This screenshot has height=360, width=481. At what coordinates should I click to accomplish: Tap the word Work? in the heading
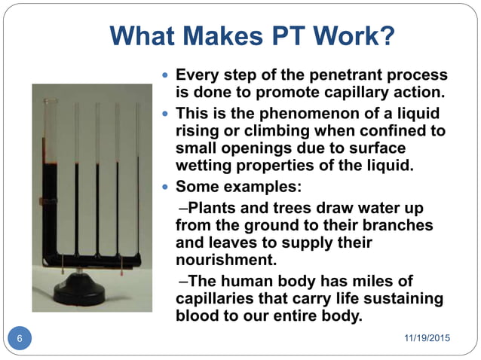pyautogui.click(x=354, y=36)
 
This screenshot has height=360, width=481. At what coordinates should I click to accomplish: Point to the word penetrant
pyautogui.click(x=338, y=76)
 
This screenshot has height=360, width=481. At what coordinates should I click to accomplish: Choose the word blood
pyautogui.click(x=198, y=316)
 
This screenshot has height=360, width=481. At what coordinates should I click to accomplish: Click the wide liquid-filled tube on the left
pyautogui.click(x=52, y=203)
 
